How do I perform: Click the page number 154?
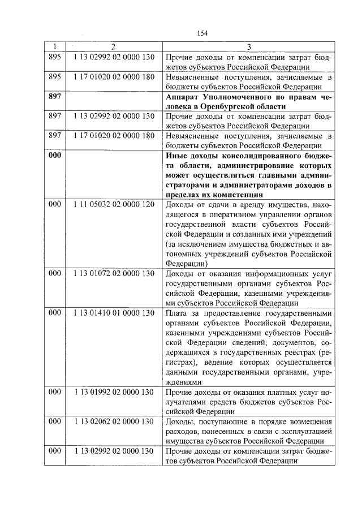click(202, 33)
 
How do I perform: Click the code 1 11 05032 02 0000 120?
click(114, 204)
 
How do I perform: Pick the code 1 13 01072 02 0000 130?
click(114, 273)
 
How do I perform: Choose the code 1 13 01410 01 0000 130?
click(114, 313)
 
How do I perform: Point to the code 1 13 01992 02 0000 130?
click(114, 391)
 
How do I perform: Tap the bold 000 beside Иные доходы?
click(54, 155)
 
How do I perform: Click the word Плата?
click(176, 313)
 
